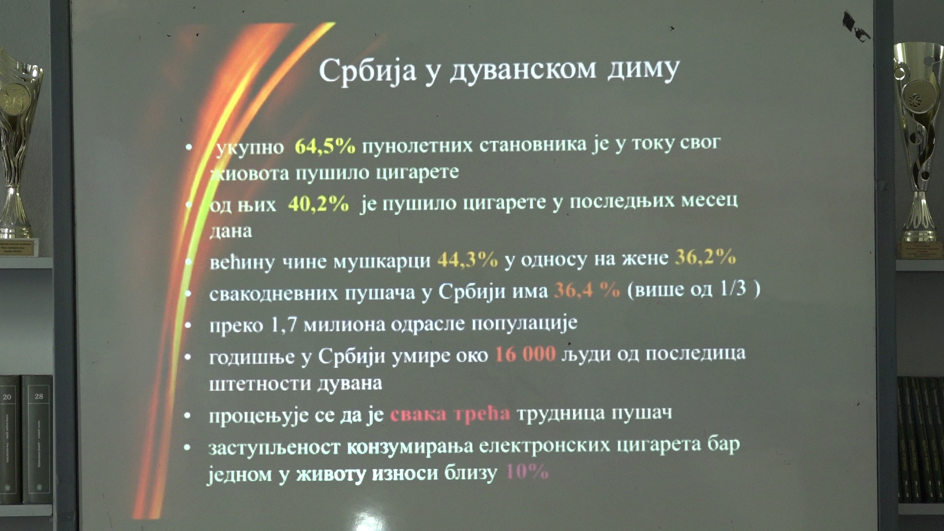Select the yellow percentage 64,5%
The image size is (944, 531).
pos(324,146)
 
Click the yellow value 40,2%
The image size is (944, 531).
pos(319,204)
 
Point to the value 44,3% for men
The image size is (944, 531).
pos(467,260)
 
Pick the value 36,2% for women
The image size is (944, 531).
pos(705,257)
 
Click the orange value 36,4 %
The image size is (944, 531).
pos(587,291)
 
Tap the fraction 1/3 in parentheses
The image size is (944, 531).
pos(733,289)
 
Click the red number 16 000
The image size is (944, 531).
pos(525,354)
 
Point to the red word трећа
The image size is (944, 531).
pos(482,414)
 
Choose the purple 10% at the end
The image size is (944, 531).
pos(527,472)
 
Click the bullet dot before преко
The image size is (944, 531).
pos(188,325)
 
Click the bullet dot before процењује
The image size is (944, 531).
pos(187,415)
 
